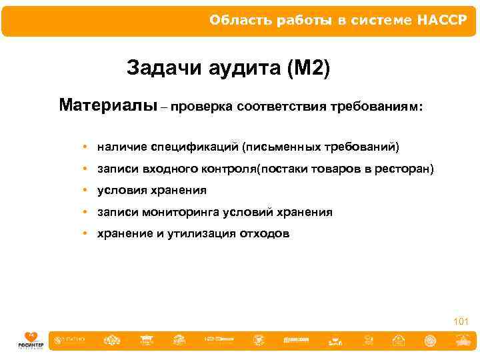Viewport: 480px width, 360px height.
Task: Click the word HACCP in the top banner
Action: tap(443, 20)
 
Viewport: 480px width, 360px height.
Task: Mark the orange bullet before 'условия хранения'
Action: tap(86, 191)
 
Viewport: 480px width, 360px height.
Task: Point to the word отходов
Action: tap(264, 234)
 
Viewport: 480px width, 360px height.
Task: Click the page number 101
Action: tap(461, 322)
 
